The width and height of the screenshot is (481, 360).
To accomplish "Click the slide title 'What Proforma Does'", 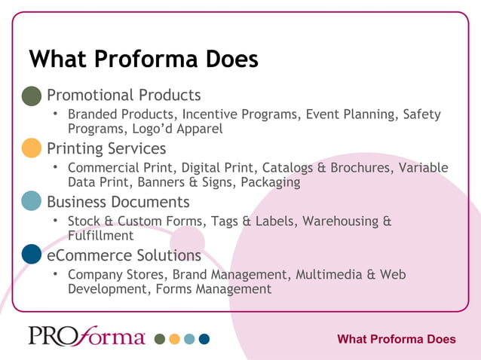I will click(x=143, y=59).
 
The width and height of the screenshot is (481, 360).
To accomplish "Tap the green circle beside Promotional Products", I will click(x=32, y=96).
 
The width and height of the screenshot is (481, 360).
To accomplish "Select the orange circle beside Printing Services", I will click(x=32, y=148).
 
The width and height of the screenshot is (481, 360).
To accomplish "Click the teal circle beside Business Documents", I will click(x=32, y=202).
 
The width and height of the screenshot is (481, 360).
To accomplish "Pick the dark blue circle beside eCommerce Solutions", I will click(x=32, y=255).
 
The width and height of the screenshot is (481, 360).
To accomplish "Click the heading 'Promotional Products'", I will click(x=124, y=96).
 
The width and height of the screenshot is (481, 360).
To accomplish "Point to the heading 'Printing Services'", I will click(x=106, y=148).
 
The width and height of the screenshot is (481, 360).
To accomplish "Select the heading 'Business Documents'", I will click(x=118, y=202).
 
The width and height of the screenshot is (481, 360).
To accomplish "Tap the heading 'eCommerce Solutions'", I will click(x=124, y=255).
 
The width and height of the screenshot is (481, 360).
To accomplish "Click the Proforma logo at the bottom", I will click(x=87, y=336).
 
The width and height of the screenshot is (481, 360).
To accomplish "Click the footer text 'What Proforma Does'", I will click(x=396, y=339).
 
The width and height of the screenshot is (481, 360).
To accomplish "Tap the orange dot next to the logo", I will click(x=174, y=339).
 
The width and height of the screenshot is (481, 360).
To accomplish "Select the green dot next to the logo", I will click(x=159, y=339).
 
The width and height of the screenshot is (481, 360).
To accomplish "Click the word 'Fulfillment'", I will click(x=100, y=236).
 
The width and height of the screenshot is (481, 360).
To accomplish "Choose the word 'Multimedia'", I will click(x=329, y=274).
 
